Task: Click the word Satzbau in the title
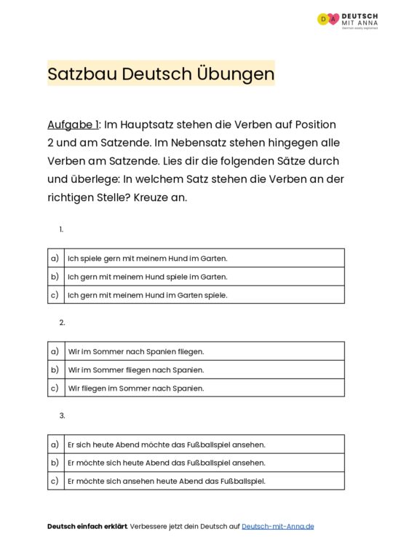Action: (x=82, y=74)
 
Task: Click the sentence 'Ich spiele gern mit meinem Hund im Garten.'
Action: (x=147, y=258)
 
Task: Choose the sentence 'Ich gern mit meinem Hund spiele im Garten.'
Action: (x=147, y=277)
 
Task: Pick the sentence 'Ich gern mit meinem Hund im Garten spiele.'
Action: (x=147, y=295)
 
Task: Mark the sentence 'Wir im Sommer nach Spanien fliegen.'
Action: (x=135, y=351)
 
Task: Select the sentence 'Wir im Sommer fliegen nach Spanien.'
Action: (x=135, y=369)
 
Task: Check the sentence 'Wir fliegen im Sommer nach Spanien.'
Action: (x=135, y=388)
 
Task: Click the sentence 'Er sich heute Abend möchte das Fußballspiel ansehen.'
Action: (x=166, y=445)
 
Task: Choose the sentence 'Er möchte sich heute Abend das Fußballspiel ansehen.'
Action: (x=166, y=463)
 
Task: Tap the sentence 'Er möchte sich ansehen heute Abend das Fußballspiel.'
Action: (x=166, y=481)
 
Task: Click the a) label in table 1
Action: (x=55, y=258)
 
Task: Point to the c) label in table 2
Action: (x=55, y=388)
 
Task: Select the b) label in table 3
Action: (x=55, y=463)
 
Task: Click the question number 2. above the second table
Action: (x=63, y=322)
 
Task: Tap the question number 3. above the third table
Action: (x=63, y=415)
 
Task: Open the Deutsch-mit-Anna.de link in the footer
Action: (x=277, y=526)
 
